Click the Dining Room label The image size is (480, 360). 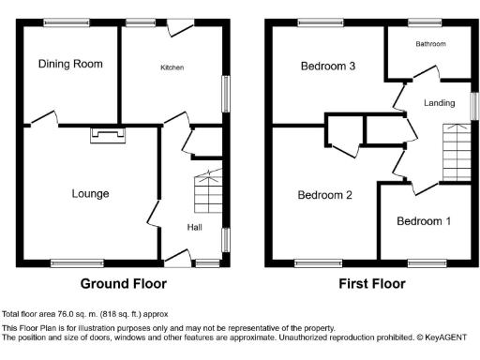tap(70, 64)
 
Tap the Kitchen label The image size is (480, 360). tap(172, 67)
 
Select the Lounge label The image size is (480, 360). tap(91, 194)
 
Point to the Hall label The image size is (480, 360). tap(195, 227)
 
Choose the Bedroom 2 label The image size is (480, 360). tap(324, 195)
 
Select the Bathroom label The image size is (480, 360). tap(431, 44)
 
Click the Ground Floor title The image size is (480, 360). tap(124, 283)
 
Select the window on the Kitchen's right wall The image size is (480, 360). tap(226, 94)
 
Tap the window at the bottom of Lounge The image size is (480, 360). tap(69, 262)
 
